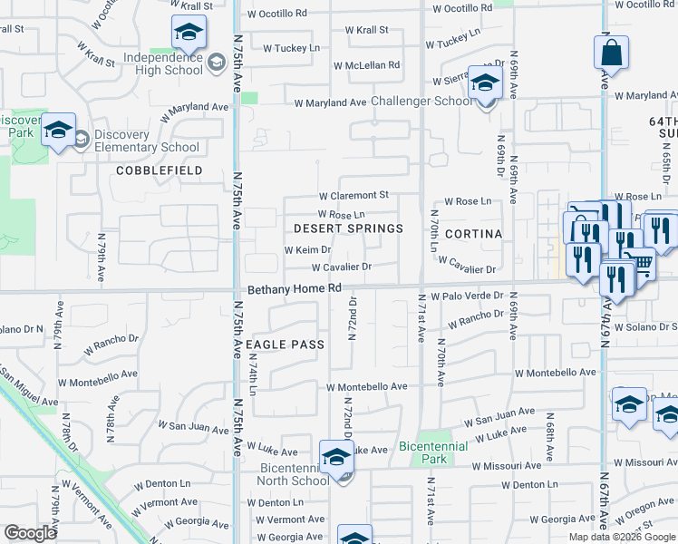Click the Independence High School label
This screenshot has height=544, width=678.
[163, 63]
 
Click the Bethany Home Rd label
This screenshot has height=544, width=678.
[295, 288]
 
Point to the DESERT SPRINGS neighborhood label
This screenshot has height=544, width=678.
[349, 228]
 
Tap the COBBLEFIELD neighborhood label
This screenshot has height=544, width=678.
[158, 170]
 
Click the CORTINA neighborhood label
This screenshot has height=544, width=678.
[472, 233]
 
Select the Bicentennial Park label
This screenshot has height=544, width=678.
[433, 452]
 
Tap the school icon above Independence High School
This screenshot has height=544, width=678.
[189, 34]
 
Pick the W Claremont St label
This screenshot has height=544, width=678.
[353, 195]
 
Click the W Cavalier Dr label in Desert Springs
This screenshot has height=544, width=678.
[342, 267]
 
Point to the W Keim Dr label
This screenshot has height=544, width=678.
[307, 249]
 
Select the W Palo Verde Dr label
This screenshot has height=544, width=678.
[467, 296]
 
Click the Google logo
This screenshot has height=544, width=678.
[30, 533]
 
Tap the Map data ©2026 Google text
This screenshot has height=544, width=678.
[622, 537]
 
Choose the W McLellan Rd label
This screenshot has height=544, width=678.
[366, 65]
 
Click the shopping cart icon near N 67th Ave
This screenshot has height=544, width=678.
[642, 263]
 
